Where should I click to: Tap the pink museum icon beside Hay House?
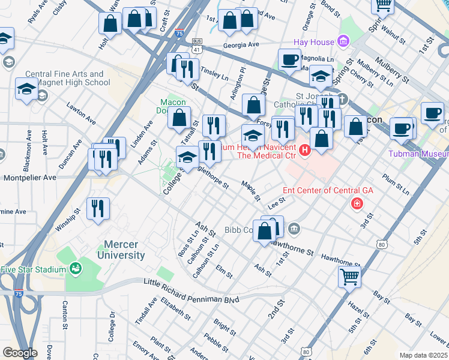pyautogui.click(x=343, y=41)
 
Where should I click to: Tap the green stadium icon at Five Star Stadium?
pyautogui.click(x=75, y=269)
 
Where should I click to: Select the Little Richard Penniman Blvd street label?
pyautogui.click(x=191, y=290)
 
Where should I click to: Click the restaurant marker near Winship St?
pyautogui.click(x=98, y=209)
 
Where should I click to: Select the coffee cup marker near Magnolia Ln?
pyautogui.click(x=290, y=59)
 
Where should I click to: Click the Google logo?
pyautogui.click(x=20, y=353)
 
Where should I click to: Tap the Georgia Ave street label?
pyautogui.click(x=240, y=44)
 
